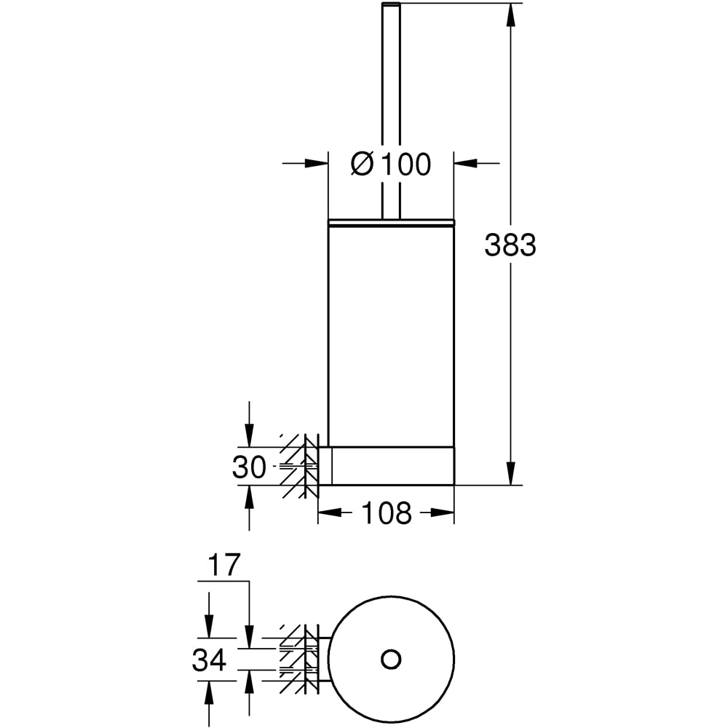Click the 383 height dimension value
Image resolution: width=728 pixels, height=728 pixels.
pos(510,245)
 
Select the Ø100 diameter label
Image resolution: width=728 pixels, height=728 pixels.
pos(391,164)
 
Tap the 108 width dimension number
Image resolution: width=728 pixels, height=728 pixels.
pos(387,513)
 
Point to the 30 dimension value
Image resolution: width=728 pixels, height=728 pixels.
pos(249,467)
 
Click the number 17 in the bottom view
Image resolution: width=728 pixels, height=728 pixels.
pos(223,565)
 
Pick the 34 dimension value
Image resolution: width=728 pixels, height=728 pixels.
pos(209,660)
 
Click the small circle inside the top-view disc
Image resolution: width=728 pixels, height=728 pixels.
pos(391,660)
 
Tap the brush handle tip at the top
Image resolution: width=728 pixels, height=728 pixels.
pos(391,4)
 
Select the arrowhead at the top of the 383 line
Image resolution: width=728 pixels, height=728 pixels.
pos(511,15)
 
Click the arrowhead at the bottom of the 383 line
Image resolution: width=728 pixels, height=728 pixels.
pos(511,474)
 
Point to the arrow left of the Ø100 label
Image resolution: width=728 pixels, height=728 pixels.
pos(305,163)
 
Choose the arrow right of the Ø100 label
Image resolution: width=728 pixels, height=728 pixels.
pos(477,163)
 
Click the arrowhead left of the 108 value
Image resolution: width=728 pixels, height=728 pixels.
pos(329,513)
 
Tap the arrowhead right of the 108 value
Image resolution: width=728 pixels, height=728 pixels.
pos(443,513)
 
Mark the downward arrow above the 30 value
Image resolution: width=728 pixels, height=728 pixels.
pos(249,424)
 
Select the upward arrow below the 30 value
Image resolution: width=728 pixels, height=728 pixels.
pos(249,508)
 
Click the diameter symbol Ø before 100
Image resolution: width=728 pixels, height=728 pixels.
pos(362,164)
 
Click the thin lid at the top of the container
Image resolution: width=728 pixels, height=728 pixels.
pos(392,222)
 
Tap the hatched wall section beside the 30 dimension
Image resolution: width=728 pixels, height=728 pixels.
pos(299,466)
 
